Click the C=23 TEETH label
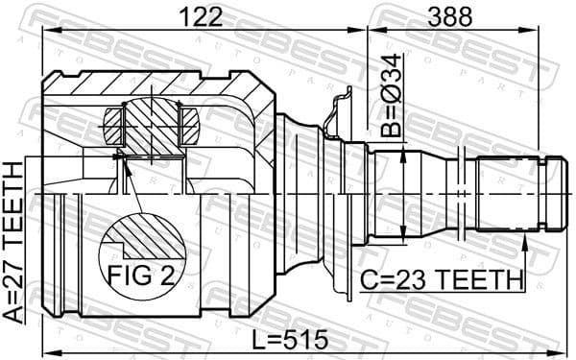click(442, 281)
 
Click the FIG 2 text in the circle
click(140, 276)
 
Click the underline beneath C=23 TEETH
click(442, 293)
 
